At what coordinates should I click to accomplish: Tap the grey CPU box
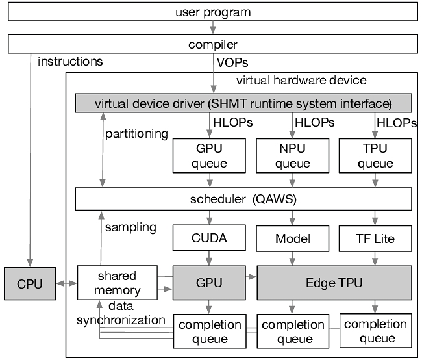(x=31, y=284)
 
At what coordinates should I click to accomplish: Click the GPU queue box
(x=200, y=156)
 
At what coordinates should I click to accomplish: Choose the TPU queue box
(x=375, y=156)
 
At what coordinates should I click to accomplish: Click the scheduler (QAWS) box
(x=244, y=199)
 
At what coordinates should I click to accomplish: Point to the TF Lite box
(x=375, y=239)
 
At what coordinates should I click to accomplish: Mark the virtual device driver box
(x=243, y=103)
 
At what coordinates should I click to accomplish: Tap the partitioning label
(x=136, y=134)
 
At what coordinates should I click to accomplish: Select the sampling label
(x=130, y=227)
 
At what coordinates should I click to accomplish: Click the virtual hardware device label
(x=301, y=81)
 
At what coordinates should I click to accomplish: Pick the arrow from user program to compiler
(x=212, y=29)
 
